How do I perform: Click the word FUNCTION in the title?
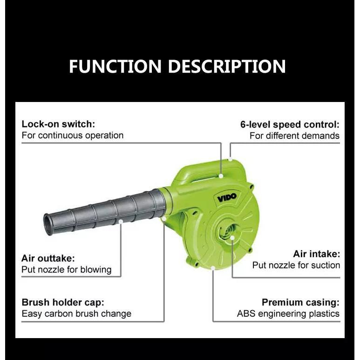click(x=115, y=66)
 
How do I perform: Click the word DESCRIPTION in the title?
click(x=227, y=66)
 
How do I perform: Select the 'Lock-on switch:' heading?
click(x=58, y=124)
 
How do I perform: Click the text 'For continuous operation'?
click(x=73, y=136)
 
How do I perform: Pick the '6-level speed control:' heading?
click(x=290, y=124)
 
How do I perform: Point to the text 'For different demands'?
click(x=294, y=136)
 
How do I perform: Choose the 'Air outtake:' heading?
click(x=48, y=258)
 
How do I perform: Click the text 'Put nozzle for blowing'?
click(x=67, y=270)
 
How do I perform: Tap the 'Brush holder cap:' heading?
click(x=63, y=302)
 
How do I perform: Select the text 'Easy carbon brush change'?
click(x=76, y=313)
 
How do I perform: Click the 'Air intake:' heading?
click(x=317, y=254)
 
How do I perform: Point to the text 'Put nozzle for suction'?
click(x=296, y=265)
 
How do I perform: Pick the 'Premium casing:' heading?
click(x=300, y=302)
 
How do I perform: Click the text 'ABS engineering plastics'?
click(x=288, y=313)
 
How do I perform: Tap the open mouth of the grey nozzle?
click(x=48, y=225)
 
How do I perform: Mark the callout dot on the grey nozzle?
click(x=121, y=221)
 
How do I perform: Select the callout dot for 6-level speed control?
click(x=230, y=159)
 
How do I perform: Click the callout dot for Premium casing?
click(x=213, y=268)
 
